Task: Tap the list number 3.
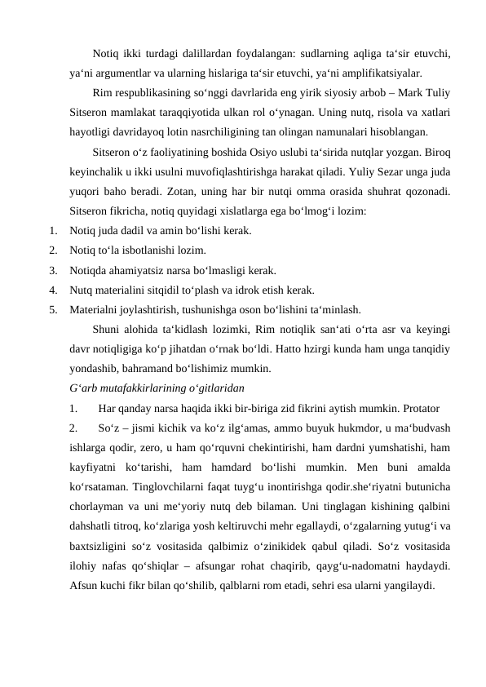tap(52, 270)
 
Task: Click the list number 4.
tap(52, 290)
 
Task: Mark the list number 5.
tap(52, 309)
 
